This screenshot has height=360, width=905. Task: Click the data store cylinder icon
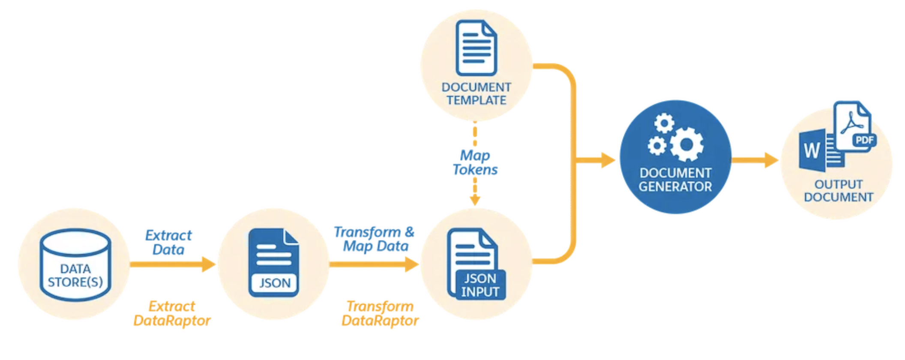[75, 264]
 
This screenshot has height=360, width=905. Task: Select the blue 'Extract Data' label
[168, 243]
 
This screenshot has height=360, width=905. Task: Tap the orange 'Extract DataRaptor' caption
[172, 314]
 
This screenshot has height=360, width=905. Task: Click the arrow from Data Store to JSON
[172, 264]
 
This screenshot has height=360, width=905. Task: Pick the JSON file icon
[274, 263]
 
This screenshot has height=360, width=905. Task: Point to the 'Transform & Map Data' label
[374, 239]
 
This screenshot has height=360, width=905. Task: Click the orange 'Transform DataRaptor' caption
[380, 314]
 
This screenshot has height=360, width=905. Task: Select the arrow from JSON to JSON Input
[374, 264]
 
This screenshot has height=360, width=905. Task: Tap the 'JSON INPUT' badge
[480, 285]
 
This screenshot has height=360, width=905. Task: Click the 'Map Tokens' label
[475, 162]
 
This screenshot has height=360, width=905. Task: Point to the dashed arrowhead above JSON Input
[475, 200]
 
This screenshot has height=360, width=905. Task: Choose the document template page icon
[476, 48]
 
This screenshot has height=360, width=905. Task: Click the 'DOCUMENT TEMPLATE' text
[476, 94]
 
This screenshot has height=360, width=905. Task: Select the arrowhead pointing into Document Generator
[608, 160]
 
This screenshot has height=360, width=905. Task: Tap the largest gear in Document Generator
[686, 145]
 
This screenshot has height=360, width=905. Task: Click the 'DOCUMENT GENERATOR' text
[675, 180]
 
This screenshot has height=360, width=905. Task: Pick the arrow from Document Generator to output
[755, 160]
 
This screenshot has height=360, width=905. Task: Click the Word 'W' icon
[812, 150]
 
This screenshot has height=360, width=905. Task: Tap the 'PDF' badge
[864, 140]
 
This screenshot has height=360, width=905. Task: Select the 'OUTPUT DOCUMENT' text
[839, 191]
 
